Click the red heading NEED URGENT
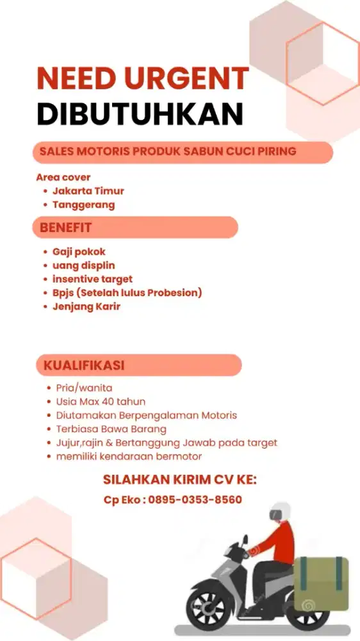pos(142,79)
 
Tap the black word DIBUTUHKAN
pos(140,114)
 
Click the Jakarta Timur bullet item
pos(88,190)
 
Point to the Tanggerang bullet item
pos(84,205)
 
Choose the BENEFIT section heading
pos(66,227)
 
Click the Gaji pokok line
pos(79,252)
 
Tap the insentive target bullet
pos(92,279)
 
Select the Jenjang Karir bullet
pos(86,306)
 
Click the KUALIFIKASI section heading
pos(84,365)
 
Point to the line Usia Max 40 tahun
pos(101,402)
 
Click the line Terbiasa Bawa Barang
pos(111,429)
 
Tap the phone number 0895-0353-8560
pos(195,499)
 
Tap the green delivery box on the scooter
pos(322,583)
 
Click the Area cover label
pos(63,177)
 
